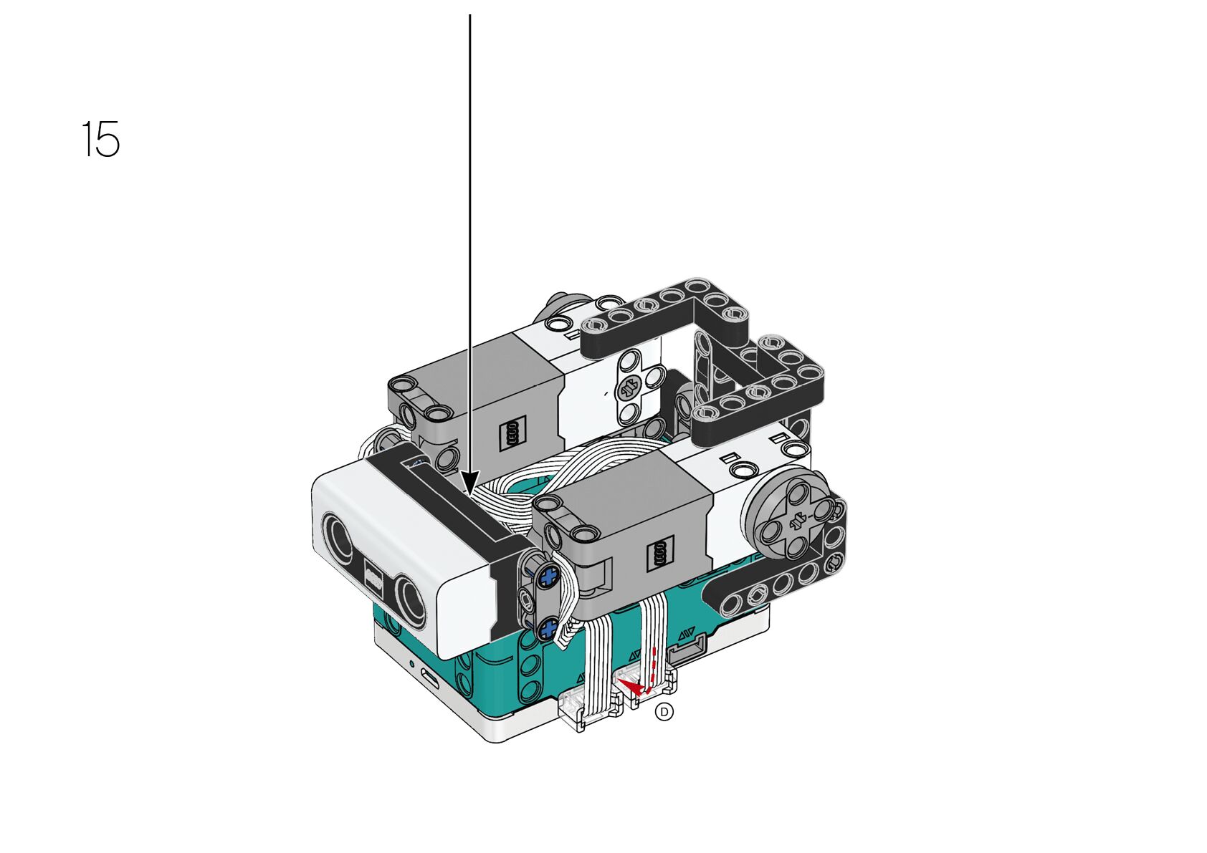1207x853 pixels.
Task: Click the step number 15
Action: pos(101,139)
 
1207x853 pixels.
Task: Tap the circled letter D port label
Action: pos(664,712)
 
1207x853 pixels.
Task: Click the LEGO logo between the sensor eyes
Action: pos(374,575)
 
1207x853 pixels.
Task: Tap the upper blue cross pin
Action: pos(548,579)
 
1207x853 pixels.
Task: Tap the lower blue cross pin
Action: pos(548,628)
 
